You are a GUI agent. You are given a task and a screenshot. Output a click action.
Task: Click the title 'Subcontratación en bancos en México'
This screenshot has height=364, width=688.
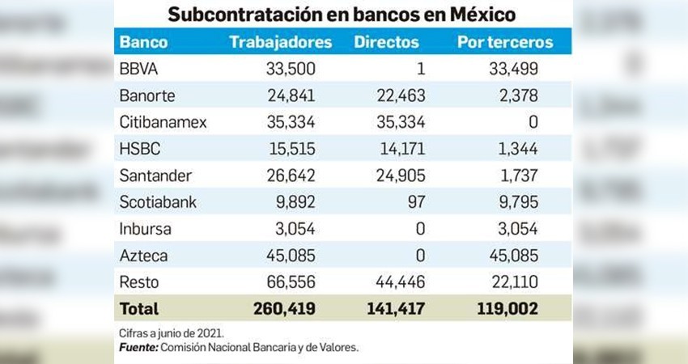[x=341, y=15]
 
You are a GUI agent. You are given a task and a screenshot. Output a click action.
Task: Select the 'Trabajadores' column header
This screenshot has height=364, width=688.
[x=280, y=41]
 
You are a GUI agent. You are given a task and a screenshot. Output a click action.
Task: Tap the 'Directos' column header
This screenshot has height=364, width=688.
[x=386, y=41]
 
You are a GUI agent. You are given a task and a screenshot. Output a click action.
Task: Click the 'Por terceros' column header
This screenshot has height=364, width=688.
[x=504, y=41]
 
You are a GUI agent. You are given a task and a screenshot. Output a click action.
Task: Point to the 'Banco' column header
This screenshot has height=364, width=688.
[x=143, y=41]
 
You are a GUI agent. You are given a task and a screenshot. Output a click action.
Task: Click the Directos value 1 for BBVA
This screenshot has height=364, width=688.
[x=421, y=68]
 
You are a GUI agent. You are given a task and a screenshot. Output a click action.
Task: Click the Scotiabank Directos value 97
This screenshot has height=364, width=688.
[x=415, y=201]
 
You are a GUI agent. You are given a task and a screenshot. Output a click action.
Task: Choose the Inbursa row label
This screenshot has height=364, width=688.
[x=145, y=228]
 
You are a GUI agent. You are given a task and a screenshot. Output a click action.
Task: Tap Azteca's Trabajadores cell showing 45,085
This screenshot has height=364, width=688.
[x=291, y=255]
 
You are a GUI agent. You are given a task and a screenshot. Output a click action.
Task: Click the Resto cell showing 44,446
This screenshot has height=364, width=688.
[x=398, y=281]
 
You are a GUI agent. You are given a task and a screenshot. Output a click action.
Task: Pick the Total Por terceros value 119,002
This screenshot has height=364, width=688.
[x=507, y=308]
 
